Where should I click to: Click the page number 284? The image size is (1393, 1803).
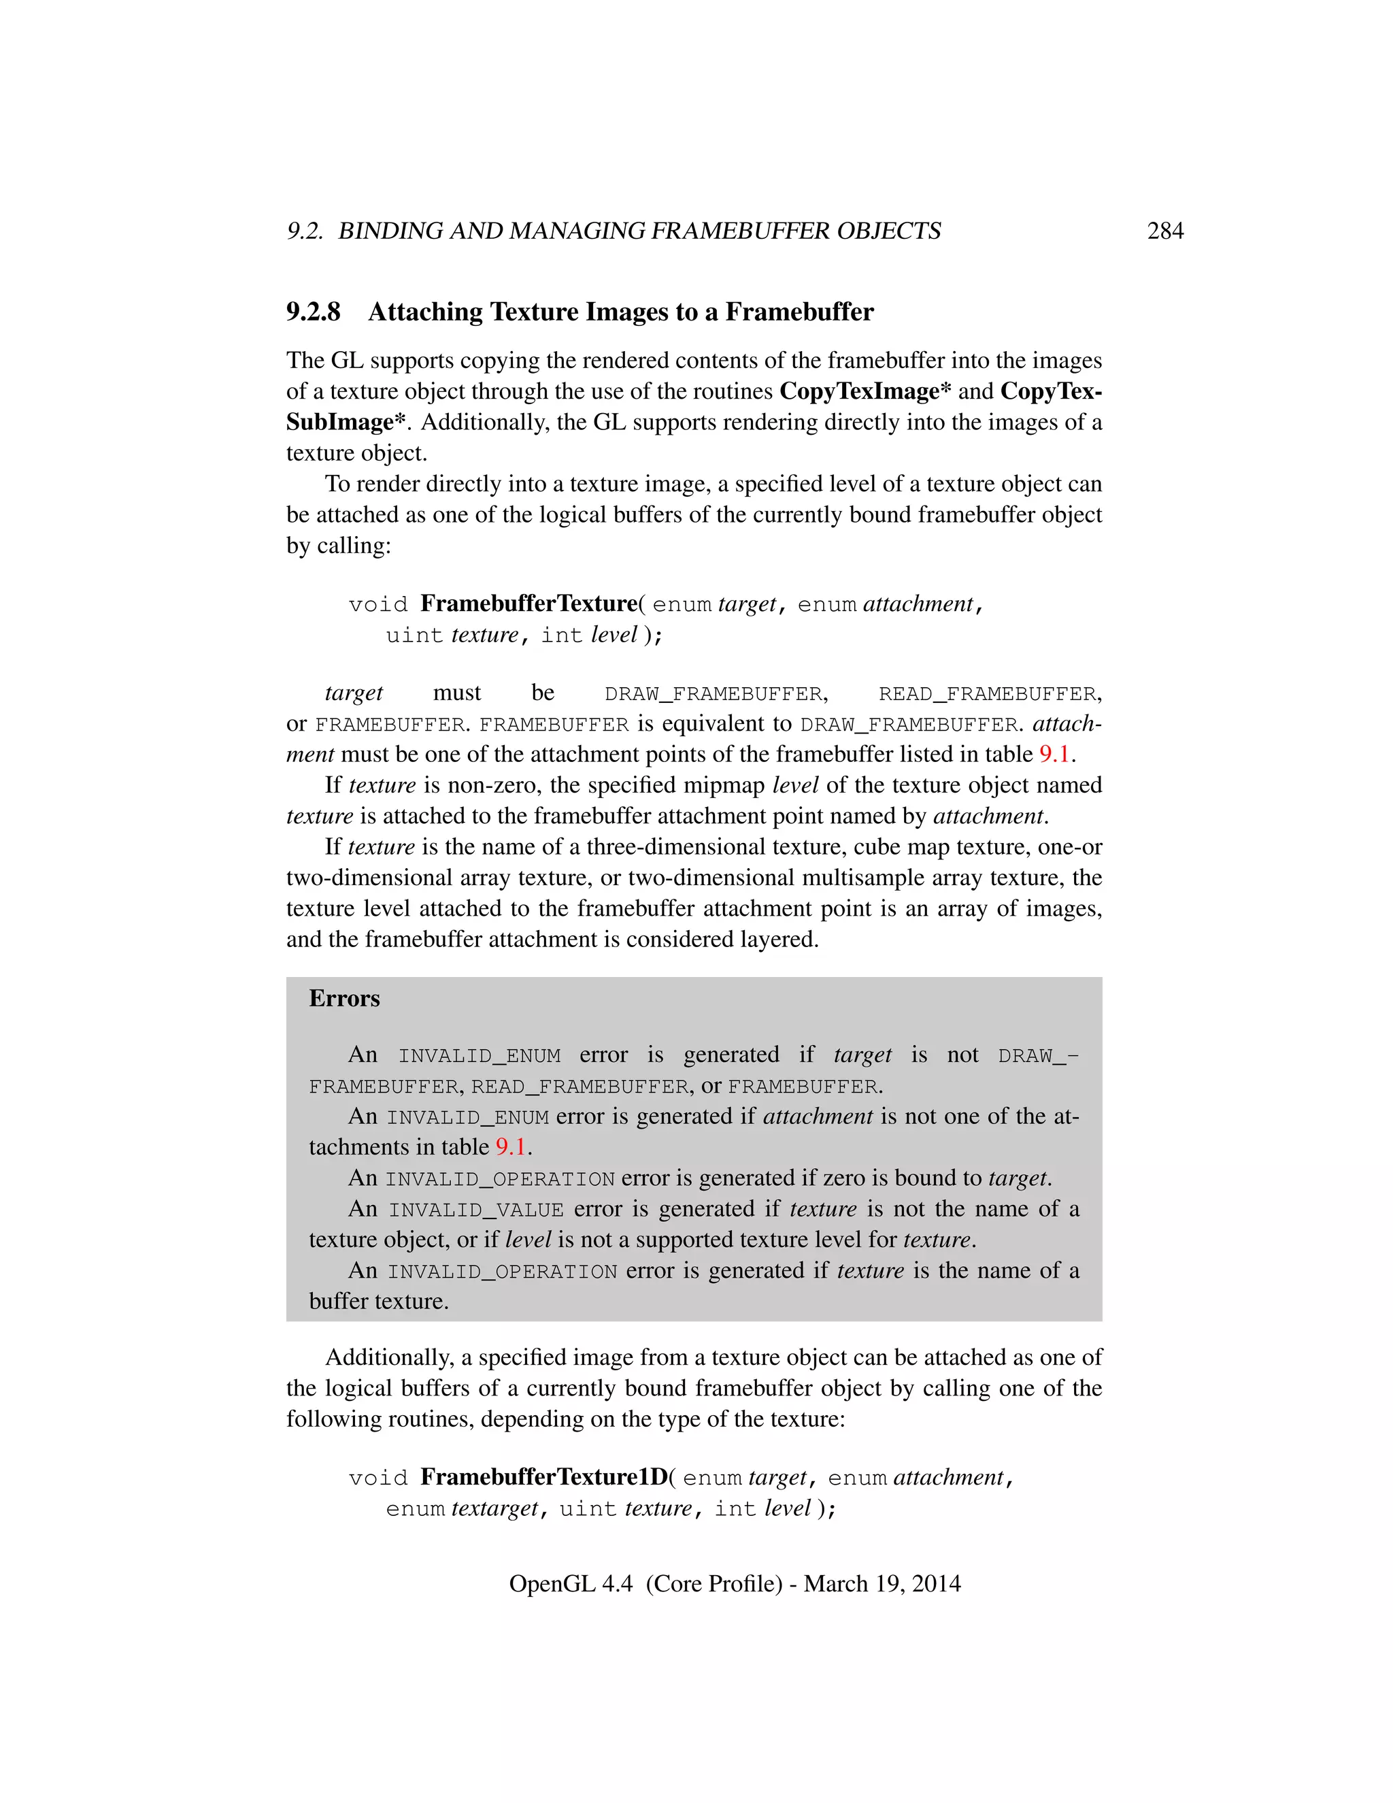1164,231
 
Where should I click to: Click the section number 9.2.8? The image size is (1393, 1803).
313,312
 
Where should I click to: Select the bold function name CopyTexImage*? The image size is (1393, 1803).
865,391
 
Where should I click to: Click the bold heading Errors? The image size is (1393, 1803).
344,999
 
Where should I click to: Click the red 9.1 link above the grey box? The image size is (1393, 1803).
1054,755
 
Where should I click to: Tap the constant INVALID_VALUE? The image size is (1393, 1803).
476,1210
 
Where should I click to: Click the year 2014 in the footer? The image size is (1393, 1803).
936,1583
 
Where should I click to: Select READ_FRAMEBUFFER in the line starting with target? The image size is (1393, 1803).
988,694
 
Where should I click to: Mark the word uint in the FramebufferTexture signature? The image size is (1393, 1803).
414,635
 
